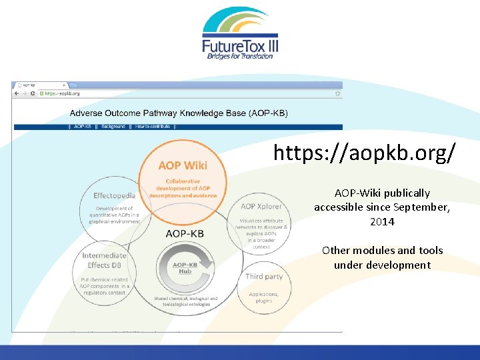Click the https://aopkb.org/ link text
tap(365, 153)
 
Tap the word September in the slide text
tap(423, 207)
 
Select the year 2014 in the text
tap(382, 221)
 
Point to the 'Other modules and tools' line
tap(382, 251)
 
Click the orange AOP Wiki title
tap(182, 165)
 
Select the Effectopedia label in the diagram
tap(114, 196)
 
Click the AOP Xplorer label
tap(261, 207)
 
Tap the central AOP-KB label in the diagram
tap(185, 233)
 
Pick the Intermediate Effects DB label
tap(104, 260)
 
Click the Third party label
tap(264, 276)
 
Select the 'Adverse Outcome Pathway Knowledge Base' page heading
tap(179, 113)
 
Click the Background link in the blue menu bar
tap(113, 126)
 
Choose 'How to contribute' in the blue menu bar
tap(153, 126)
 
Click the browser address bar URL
tap(63, 93)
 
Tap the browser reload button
tap(33, 93)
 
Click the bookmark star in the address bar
tap(337, 93)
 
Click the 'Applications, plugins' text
tap(263, 297)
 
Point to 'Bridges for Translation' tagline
tap(240, 56)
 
